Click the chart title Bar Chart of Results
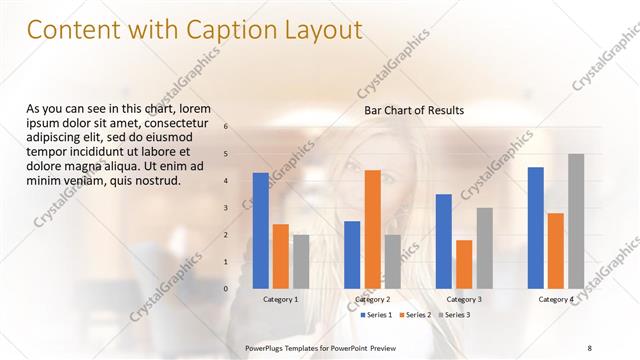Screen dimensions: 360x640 tap(413, 111)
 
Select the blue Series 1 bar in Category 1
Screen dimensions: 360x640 tap(261, 230)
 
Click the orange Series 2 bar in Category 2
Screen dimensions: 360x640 tap(372, 229)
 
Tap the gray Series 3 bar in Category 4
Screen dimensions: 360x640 tap(576, 221)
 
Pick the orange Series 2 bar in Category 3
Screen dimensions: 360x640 tap(464, 264)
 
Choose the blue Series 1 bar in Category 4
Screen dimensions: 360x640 tap(536, 228)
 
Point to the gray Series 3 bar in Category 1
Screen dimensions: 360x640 tap(301, 261)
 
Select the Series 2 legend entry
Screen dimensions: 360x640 tap(417, 315)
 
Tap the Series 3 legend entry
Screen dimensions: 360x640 tap(456, 315)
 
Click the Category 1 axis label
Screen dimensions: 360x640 tap(281, 299)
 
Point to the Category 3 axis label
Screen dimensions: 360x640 tap(464, 299)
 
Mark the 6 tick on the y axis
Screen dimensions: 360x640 tap(226, 127)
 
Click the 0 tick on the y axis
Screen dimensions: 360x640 tap(226, 288)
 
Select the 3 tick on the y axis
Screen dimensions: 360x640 tap(226, 208)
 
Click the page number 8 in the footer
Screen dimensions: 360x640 tap(589, 347)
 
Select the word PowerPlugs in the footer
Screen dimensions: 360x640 tap(268, 347)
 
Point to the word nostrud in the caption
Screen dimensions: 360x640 tap(153, 181)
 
